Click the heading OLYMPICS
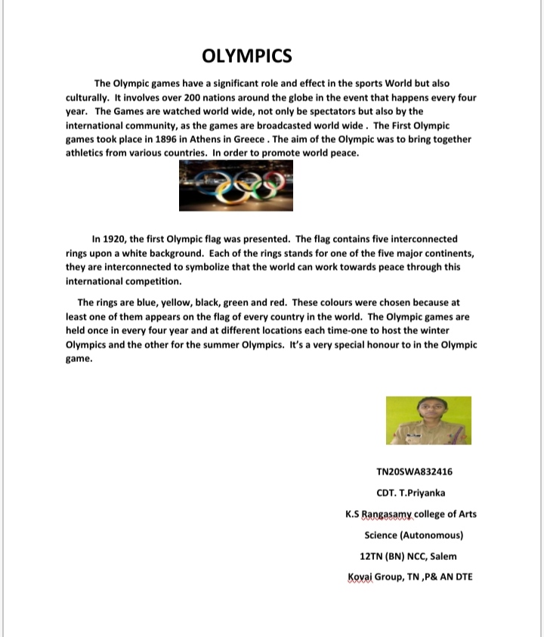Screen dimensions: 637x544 coord(247,56)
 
